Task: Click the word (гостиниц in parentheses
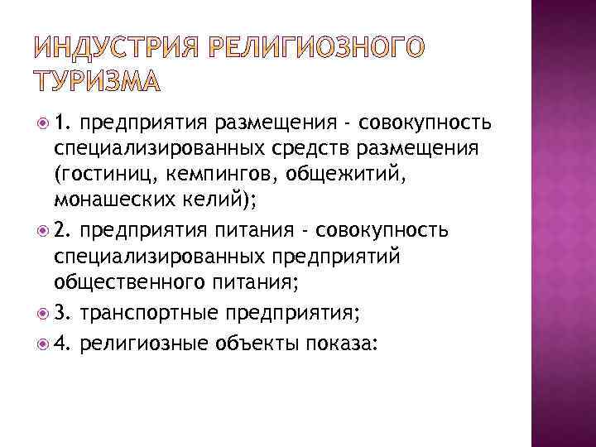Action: (98, 176)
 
